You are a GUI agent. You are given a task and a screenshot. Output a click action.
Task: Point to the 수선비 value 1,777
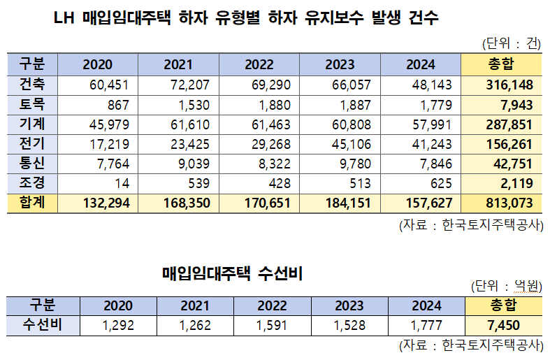pos(426,324)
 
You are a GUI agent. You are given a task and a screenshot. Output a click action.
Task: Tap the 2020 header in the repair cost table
pos(118,305)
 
